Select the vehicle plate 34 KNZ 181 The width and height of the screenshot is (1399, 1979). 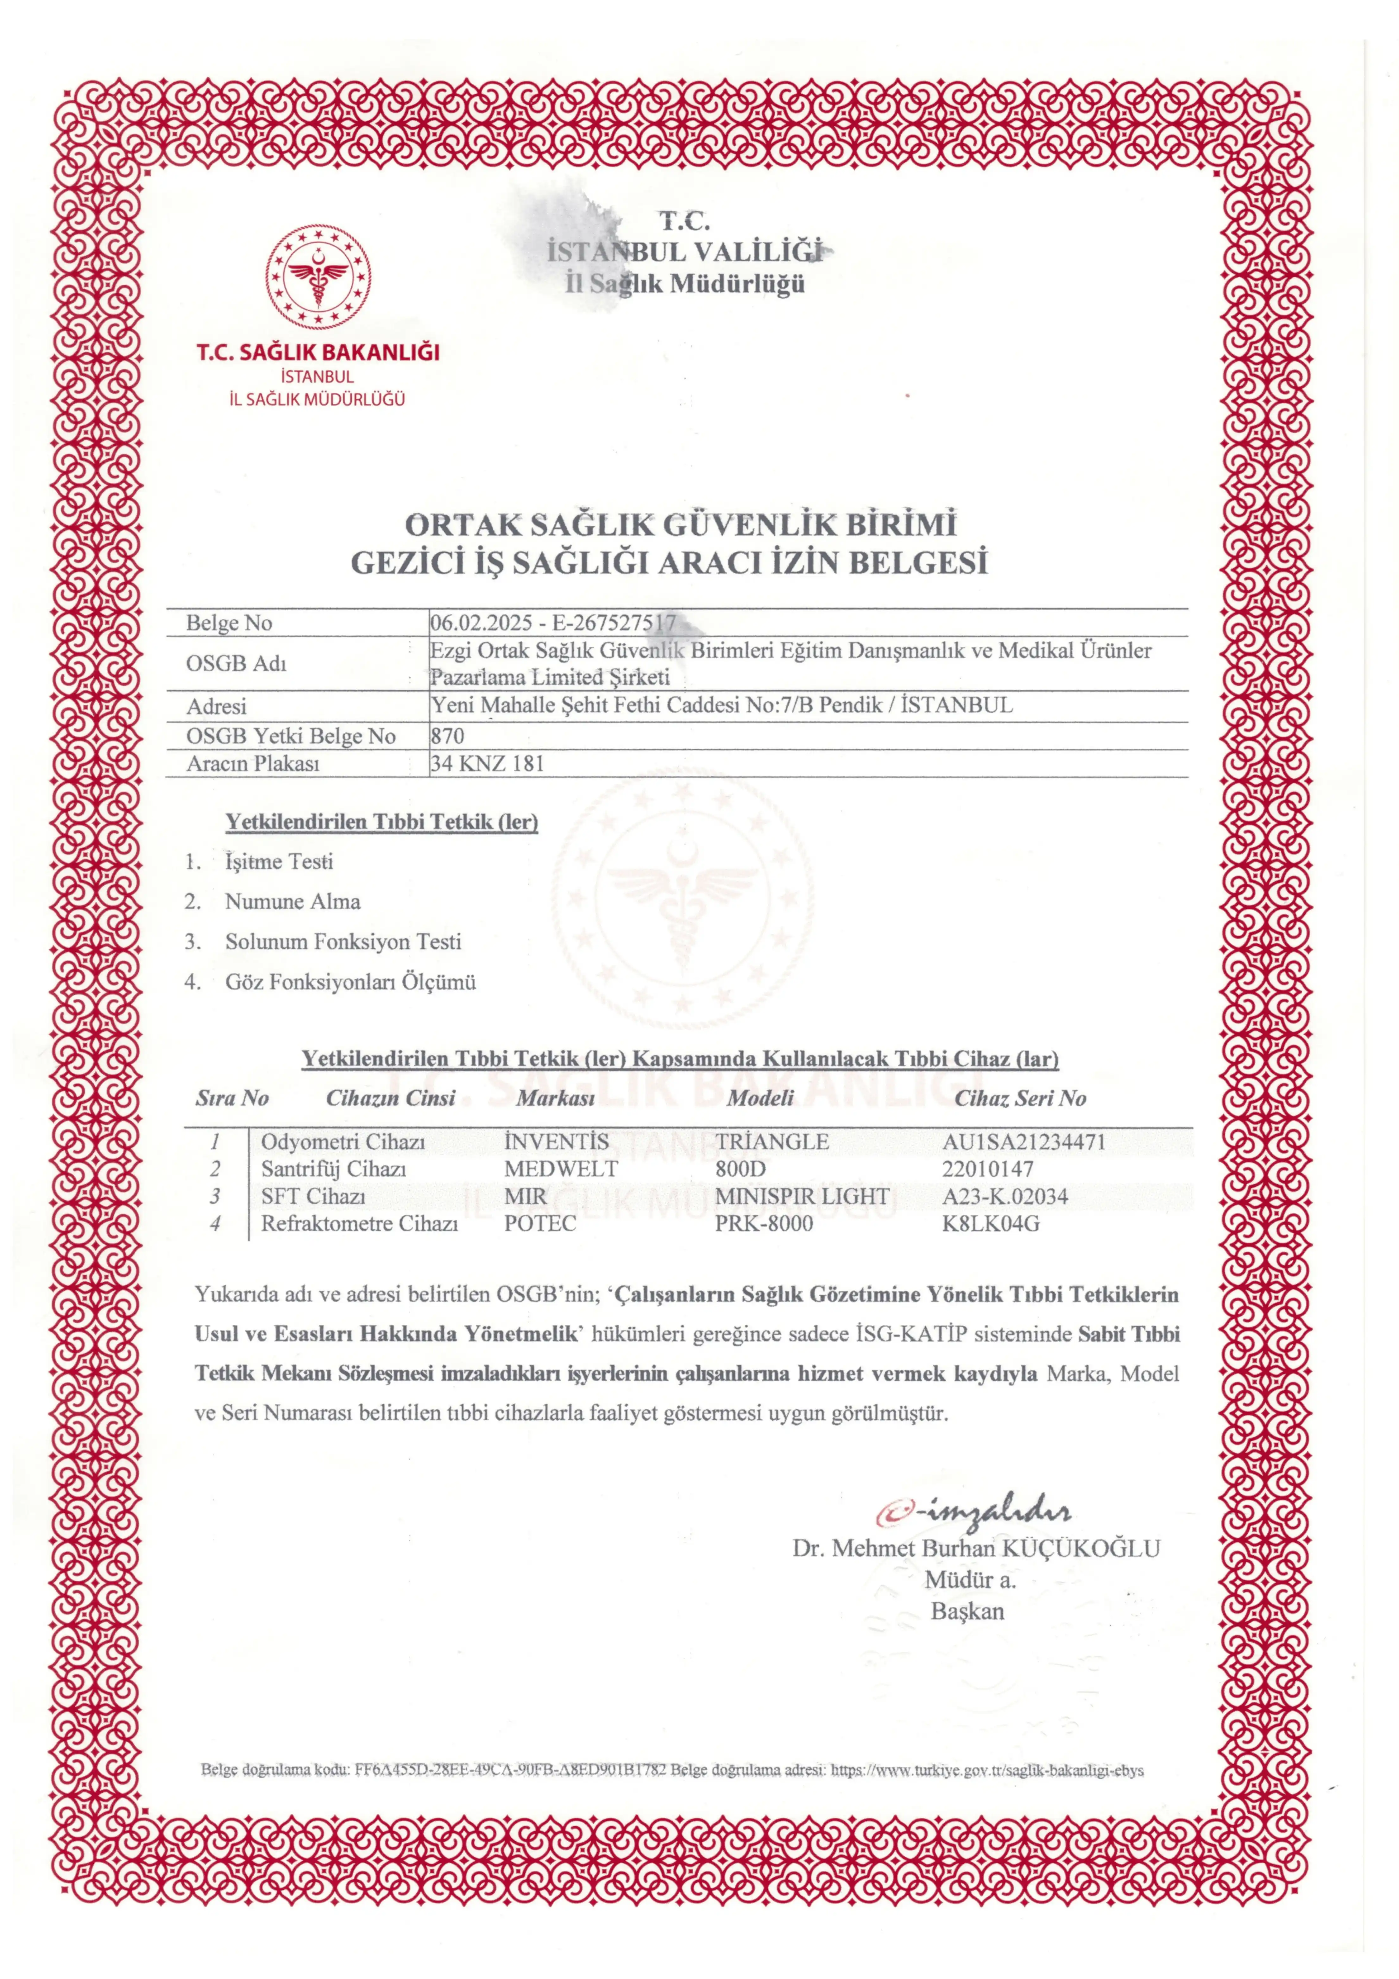pos(487,764)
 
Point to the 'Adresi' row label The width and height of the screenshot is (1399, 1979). pos(216,707)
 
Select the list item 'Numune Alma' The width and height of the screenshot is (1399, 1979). pos(293,901)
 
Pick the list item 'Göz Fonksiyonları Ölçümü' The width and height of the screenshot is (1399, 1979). pos(351,982)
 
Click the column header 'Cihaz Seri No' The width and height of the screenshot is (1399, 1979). pos(1020,1098)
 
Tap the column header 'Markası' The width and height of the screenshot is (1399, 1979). pos(556,1098)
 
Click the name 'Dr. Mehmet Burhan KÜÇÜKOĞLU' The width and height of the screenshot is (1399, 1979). pos(976,1548)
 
